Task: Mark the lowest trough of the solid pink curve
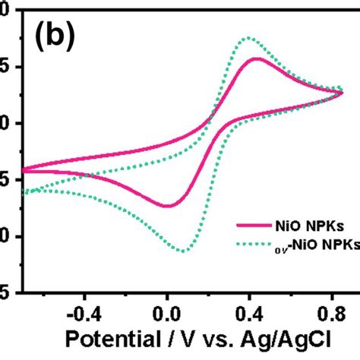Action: point(167,206)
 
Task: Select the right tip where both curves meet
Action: point(343,92)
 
